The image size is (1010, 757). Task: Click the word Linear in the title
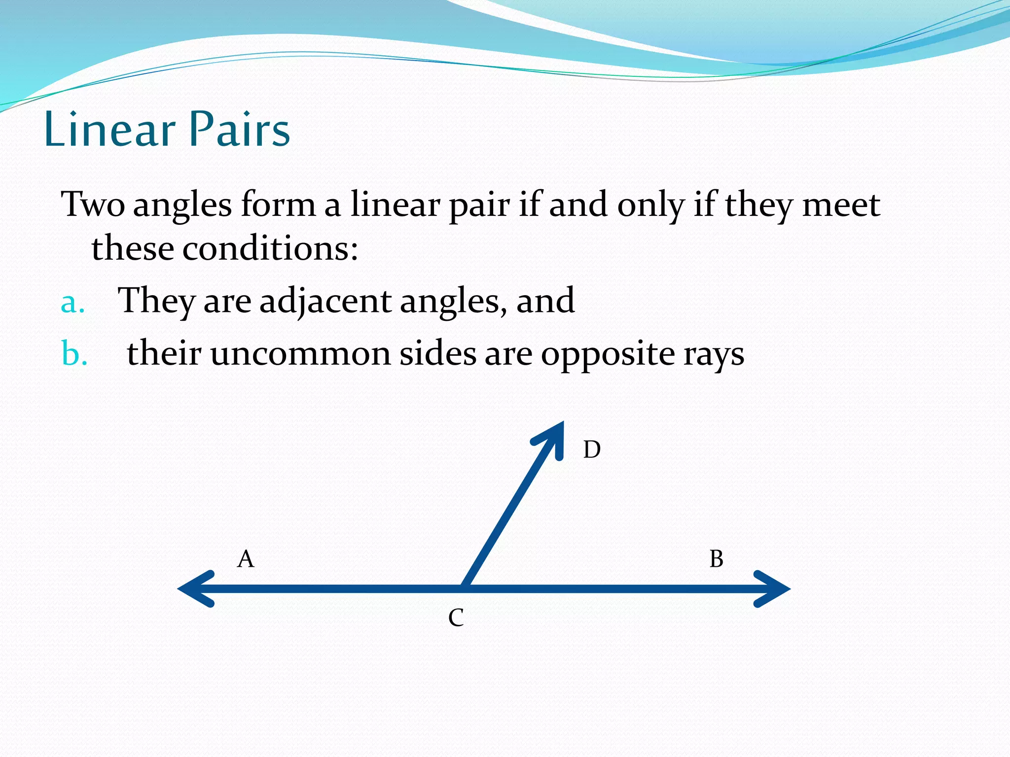109,129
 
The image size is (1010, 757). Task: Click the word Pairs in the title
240,129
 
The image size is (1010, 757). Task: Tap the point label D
592,449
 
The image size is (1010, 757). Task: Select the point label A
246,559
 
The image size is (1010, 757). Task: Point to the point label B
716,559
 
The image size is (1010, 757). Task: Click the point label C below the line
456,618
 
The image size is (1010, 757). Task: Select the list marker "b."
74,353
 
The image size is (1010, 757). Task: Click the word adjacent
325,301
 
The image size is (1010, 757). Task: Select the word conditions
270,248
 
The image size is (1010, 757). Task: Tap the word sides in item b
437,353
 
